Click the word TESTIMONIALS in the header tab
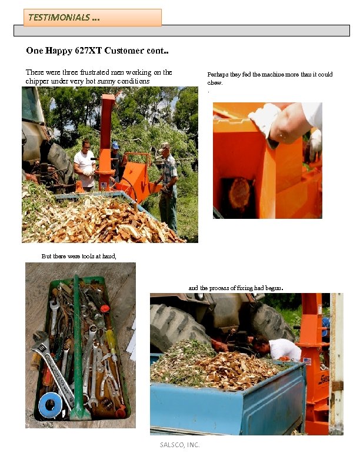(59, 18)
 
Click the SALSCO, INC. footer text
(179, 445)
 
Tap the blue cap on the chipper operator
(115, 145)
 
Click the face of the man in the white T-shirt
(86, 146)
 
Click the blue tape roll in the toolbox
(50, 403)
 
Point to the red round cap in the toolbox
(105, 308)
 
